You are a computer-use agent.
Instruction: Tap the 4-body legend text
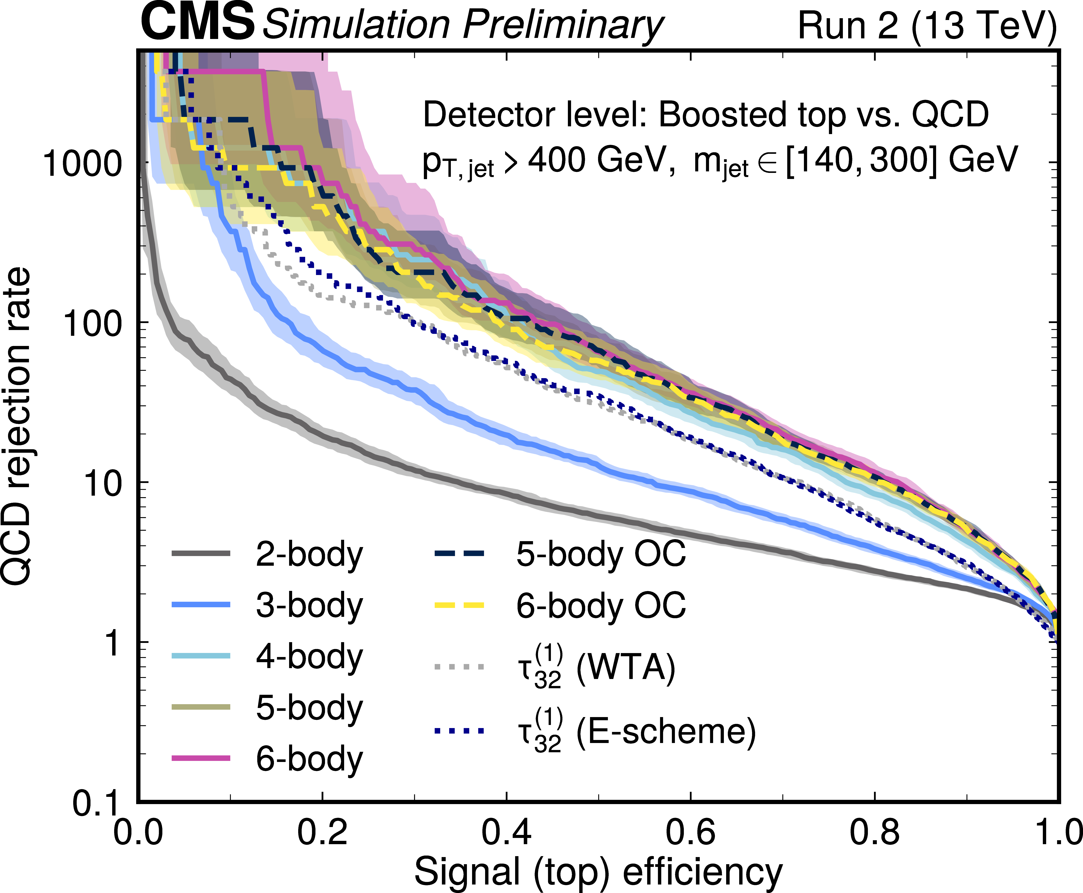(309, 657)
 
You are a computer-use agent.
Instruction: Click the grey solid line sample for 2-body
(201, 553)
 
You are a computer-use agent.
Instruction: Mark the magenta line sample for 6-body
(201, 758)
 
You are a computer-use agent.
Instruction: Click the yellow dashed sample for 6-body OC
(459, 605)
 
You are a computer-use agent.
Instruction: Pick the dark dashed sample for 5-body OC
(459, 553)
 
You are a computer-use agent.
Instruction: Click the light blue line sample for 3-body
(201, 605)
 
